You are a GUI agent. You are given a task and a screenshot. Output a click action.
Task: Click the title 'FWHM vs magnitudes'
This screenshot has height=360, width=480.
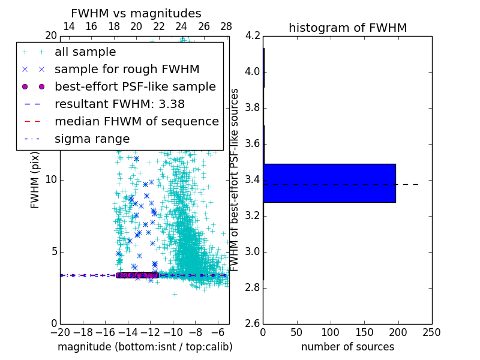136,13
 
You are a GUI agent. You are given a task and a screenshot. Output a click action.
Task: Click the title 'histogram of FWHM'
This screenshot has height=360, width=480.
347,28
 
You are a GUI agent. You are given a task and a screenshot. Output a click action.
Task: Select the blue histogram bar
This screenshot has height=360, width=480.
329,183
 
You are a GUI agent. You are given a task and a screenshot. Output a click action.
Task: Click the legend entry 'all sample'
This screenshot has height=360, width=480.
85,52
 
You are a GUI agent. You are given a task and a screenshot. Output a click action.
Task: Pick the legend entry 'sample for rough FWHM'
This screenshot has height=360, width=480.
127,69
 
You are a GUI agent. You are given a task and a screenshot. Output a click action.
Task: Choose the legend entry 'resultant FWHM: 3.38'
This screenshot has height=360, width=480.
119,104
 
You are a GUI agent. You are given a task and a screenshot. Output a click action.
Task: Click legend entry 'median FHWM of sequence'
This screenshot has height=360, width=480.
136,121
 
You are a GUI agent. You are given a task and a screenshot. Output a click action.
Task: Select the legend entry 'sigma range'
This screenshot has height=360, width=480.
92,139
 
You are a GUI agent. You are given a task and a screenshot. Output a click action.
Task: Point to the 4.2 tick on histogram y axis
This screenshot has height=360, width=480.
253,36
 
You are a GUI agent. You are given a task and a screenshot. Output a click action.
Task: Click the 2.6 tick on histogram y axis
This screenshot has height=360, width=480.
253,323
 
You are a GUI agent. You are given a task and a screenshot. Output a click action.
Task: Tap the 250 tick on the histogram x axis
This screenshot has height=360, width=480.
431,332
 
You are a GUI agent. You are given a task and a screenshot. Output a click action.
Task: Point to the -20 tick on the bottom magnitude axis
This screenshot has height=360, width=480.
60,332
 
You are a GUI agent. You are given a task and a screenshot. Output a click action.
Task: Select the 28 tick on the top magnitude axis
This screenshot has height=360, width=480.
226,26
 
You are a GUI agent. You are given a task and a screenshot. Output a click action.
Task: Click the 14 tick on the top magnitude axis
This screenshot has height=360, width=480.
68,26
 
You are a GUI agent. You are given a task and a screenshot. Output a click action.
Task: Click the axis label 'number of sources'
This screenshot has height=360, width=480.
347,347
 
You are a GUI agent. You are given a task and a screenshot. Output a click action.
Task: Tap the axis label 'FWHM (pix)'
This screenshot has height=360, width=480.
35,179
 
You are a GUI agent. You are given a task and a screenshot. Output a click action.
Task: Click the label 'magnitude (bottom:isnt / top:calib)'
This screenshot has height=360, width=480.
145,347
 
